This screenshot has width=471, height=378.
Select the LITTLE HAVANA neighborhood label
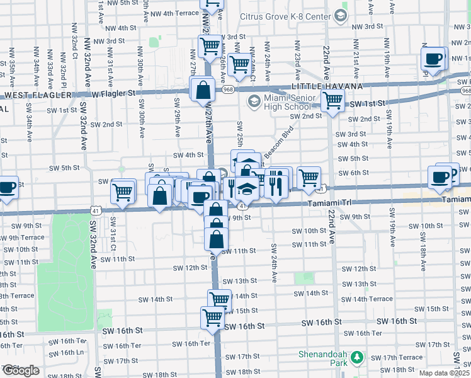(x=326, y=86)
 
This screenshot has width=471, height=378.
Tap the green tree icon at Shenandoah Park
(x=357, y=358)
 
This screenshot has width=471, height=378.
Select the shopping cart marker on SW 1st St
(x=332, y=100)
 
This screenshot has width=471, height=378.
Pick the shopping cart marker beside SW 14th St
(x=219, y=300)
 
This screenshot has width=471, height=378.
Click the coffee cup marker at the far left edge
(x=7, y=188)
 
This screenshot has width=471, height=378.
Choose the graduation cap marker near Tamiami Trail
(x=247, y=190)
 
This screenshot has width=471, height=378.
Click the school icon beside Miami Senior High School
(x=254, y=101)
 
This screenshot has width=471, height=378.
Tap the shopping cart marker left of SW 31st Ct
(x=123, y=191)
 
